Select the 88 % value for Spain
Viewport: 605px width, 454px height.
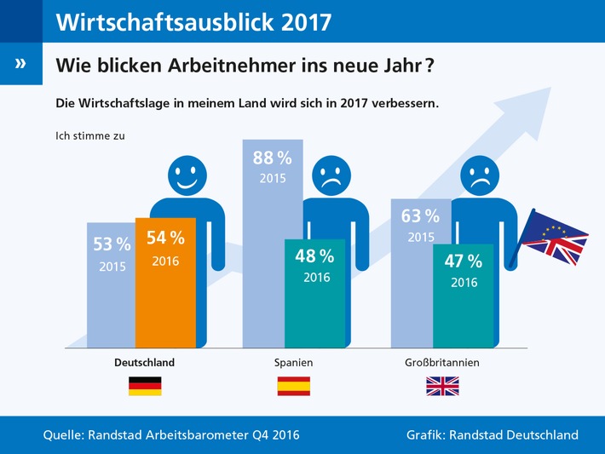point(272,158)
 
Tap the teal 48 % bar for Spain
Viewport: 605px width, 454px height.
point(314,294)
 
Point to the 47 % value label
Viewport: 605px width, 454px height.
point(464,261)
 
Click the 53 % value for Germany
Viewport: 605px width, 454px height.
point(112,245)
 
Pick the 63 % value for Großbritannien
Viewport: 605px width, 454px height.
point(420,216)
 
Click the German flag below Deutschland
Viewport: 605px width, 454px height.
point(145,386)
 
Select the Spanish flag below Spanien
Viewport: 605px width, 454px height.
point(294,386)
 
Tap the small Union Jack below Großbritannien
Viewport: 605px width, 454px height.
point(442,386)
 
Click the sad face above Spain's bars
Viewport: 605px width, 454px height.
point(335,178)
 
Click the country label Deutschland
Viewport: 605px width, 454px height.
point(145,362)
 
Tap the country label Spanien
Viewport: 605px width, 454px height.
point(294,362)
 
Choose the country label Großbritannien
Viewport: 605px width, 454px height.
point(442,362)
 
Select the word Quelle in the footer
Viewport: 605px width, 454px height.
point(66,435)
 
